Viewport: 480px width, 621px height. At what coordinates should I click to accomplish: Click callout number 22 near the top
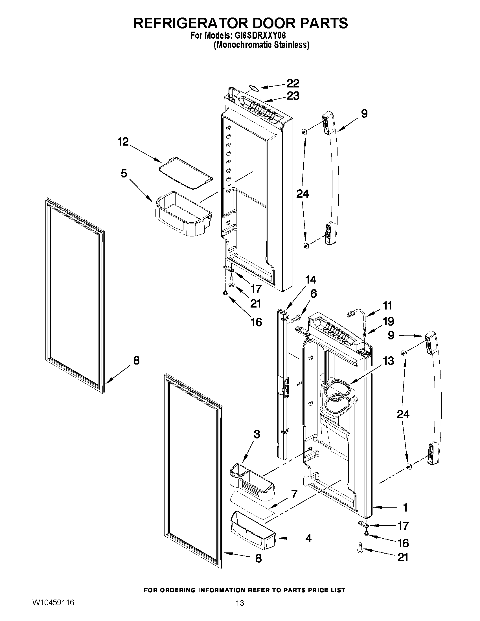click(x=293, y=83)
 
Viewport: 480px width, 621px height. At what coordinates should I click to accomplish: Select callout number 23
click(x=293, y=96)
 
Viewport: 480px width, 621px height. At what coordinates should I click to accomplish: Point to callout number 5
click(x=124, y=173)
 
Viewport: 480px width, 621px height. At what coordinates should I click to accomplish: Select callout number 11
click(x=387, y=306)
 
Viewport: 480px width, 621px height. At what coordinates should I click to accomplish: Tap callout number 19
click(x=388, y=322)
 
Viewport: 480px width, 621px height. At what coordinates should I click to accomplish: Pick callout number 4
click(x=308, y=538)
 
